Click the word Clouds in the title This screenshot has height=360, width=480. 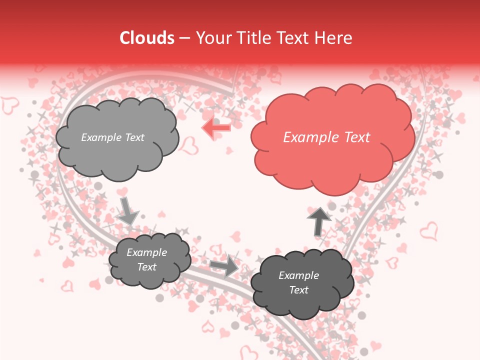(x=146, y=38)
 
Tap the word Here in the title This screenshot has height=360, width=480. (x=334, y=38)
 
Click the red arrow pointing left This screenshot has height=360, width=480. (x=216, y=128)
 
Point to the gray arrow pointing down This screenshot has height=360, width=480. (x=127, y=210)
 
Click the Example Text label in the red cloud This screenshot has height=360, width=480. (x=326, y=137)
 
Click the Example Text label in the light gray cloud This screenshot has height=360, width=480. (x=112, y=137)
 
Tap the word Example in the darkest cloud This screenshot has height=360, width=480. (x=298, y=275)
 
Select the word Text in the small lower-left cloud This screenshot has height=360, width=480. (x=146, y=267)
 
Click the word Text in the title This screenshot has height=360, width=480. (x=294, y=38)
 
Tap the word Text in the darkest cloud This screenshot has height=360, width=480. (x=298, y=290)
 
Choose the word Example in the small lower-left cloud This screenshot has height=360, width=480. (x=146, y=252)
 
